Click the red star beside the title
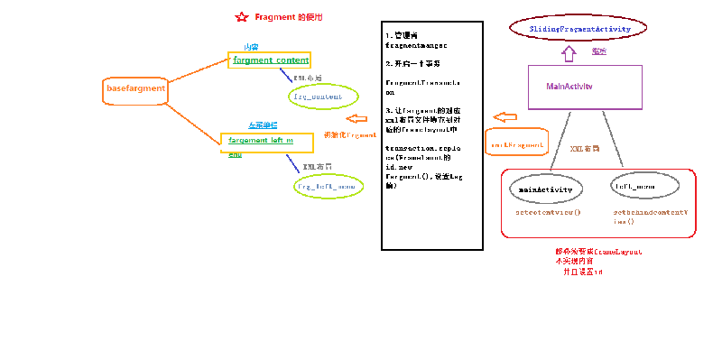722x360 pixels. [x=241, y=17]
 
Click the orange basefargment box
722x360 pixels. [x=135, y=88]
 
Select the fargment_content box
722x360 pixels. [x=270, y=60]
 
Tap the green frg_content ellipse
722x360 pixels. [x=317, y=95]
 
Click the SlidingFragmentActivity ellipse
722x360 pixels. [x=569, y=29]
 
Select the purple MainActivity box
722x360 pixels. [x=584, y=87]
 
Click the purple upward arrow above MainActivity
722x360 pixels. [x=569, y=53]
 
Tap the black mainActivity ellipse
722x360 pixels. [x=547, y=189]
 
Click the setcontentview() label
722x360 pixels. [x=547, y=214]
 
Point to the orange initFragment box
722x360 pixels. [x=516, y=143]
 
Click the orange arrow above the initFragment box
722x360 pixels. [x=504, y=117]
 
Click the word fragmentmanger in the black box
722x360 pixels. [x=416, y=43]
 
